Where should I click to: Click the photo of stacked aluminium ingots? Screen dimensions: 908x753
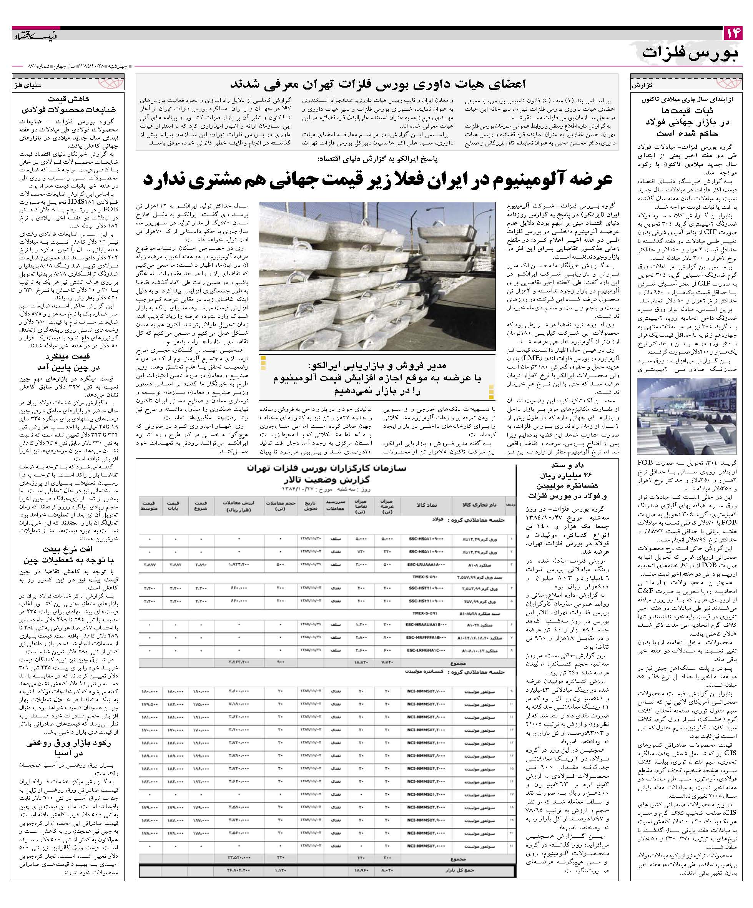377,276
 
